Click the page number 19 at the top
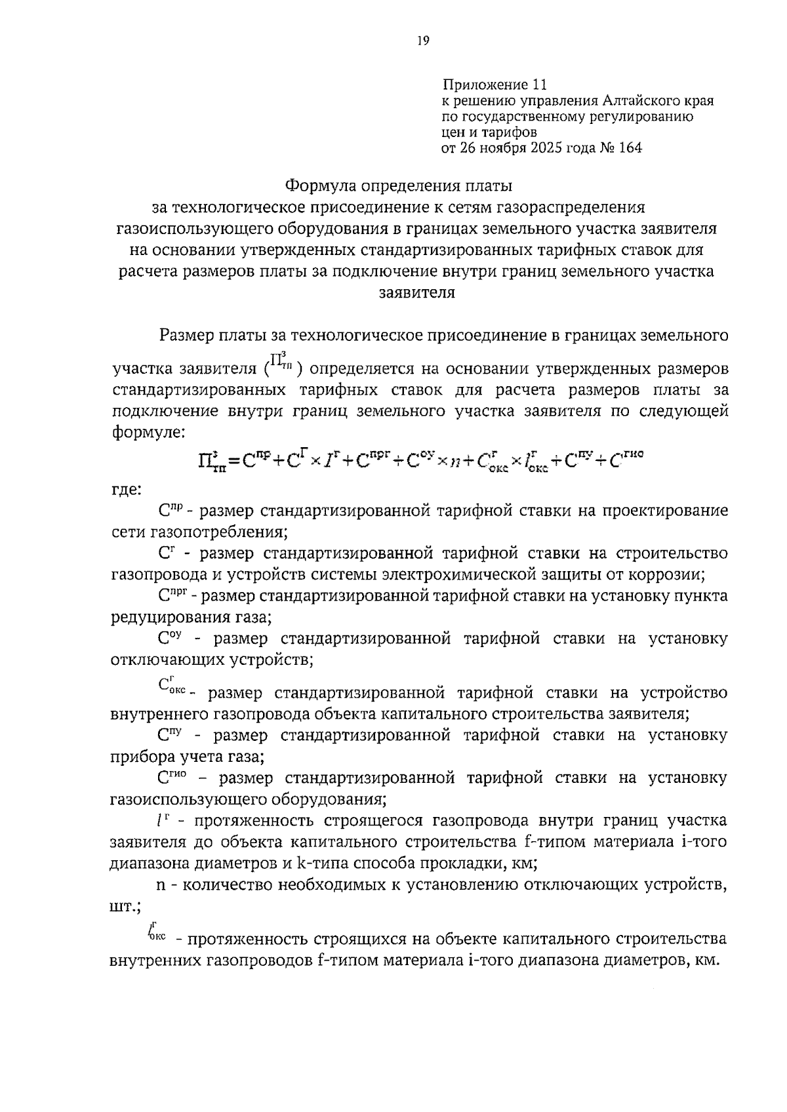[x=422, y=41]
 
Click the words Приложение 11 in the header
[x=494, y=85]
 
